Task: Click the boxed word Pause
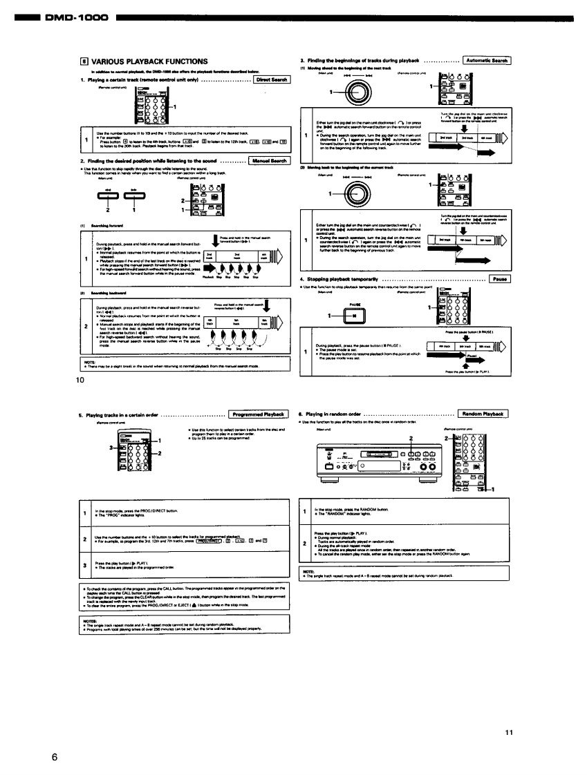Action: click(x=499, y=279)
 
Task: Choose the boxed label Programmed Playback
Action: click(x=259, y=414)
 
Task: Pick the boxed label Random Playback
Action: click(x=484, y=414)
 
